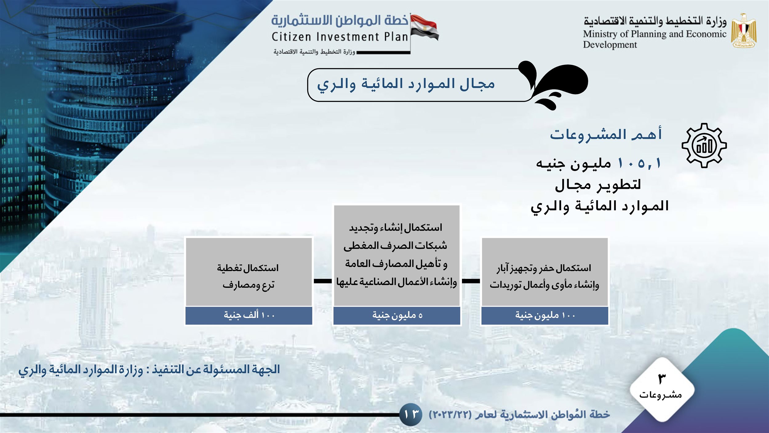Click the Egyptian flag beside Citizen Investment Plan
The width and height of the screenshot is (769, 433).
(425, 28)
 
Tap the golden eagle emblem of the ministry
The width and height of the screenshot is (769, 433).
(744, 30)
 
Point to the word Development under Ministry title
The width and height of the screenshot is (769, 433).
(610, 45)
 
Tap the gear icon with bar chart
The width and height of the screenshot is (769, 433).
(704, 145)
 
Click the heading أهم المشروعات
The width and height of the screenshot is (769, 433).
(606, 134)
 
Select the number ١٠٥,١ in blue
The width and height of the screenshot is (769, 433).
(639, 163)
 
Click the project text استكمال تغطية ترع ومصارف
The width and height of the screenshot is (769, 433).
(248, 276)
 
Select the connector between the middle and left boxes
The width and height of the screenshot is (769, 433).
(323, 281)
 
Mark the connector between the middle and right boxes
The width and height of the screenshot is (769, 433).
(471, 281)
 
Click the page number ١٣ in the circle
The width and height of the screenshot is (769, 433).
(411, 415)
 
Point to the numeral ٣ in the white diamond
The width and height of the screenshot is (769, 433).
(662, 379)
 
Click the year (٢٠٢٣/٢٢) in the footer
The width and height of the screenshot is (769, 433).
(450, 415)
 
